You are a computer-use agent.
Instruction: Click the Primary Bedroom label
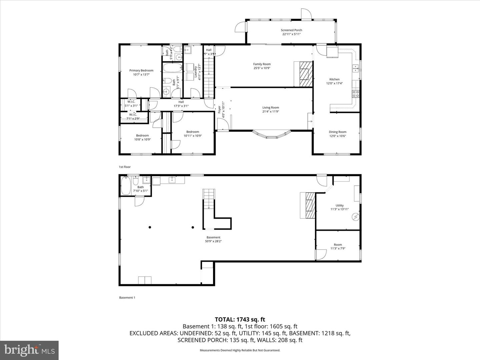[x=141, y=70]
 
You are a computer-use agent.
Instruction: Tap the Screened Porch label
[x=291, y=30]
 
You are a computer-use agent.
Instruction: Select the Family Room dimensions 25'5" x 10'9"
[x=262, y=68]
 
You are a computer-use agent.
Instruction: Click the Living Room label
[x=270, y=107]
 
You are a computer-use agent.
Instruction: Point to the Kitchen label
[x=334, y=79]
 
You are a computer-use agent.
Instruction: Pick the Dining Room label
[x=338, y=132]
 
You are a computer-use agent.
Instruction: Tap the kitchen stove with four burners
[x=356, y=94]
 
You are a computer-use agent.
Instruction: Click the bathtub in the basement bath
[x=126, y=186]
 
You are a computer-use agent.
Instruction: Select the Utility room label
[x=339, y=205]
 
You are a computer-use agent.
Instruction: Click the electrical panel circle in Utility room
[x=356, y=217]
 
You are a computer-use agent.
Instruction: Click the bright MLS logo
[x=29, y=350]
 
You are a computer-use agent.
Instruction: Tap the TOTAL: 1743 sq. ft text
[x=240, y=320]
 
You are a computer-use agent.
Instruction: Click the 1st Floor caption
[x=125, y=167]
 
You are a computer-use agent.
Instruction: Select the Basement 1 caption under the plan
[x=127, y=297]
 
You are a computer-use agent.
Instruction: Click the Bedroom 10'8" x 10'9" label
[x=142, y=135]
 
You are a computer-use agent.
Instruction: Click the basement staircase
[x=208, y=199]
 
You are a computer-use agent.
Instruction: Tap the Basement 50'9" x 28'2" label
[x=213, y=237]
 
